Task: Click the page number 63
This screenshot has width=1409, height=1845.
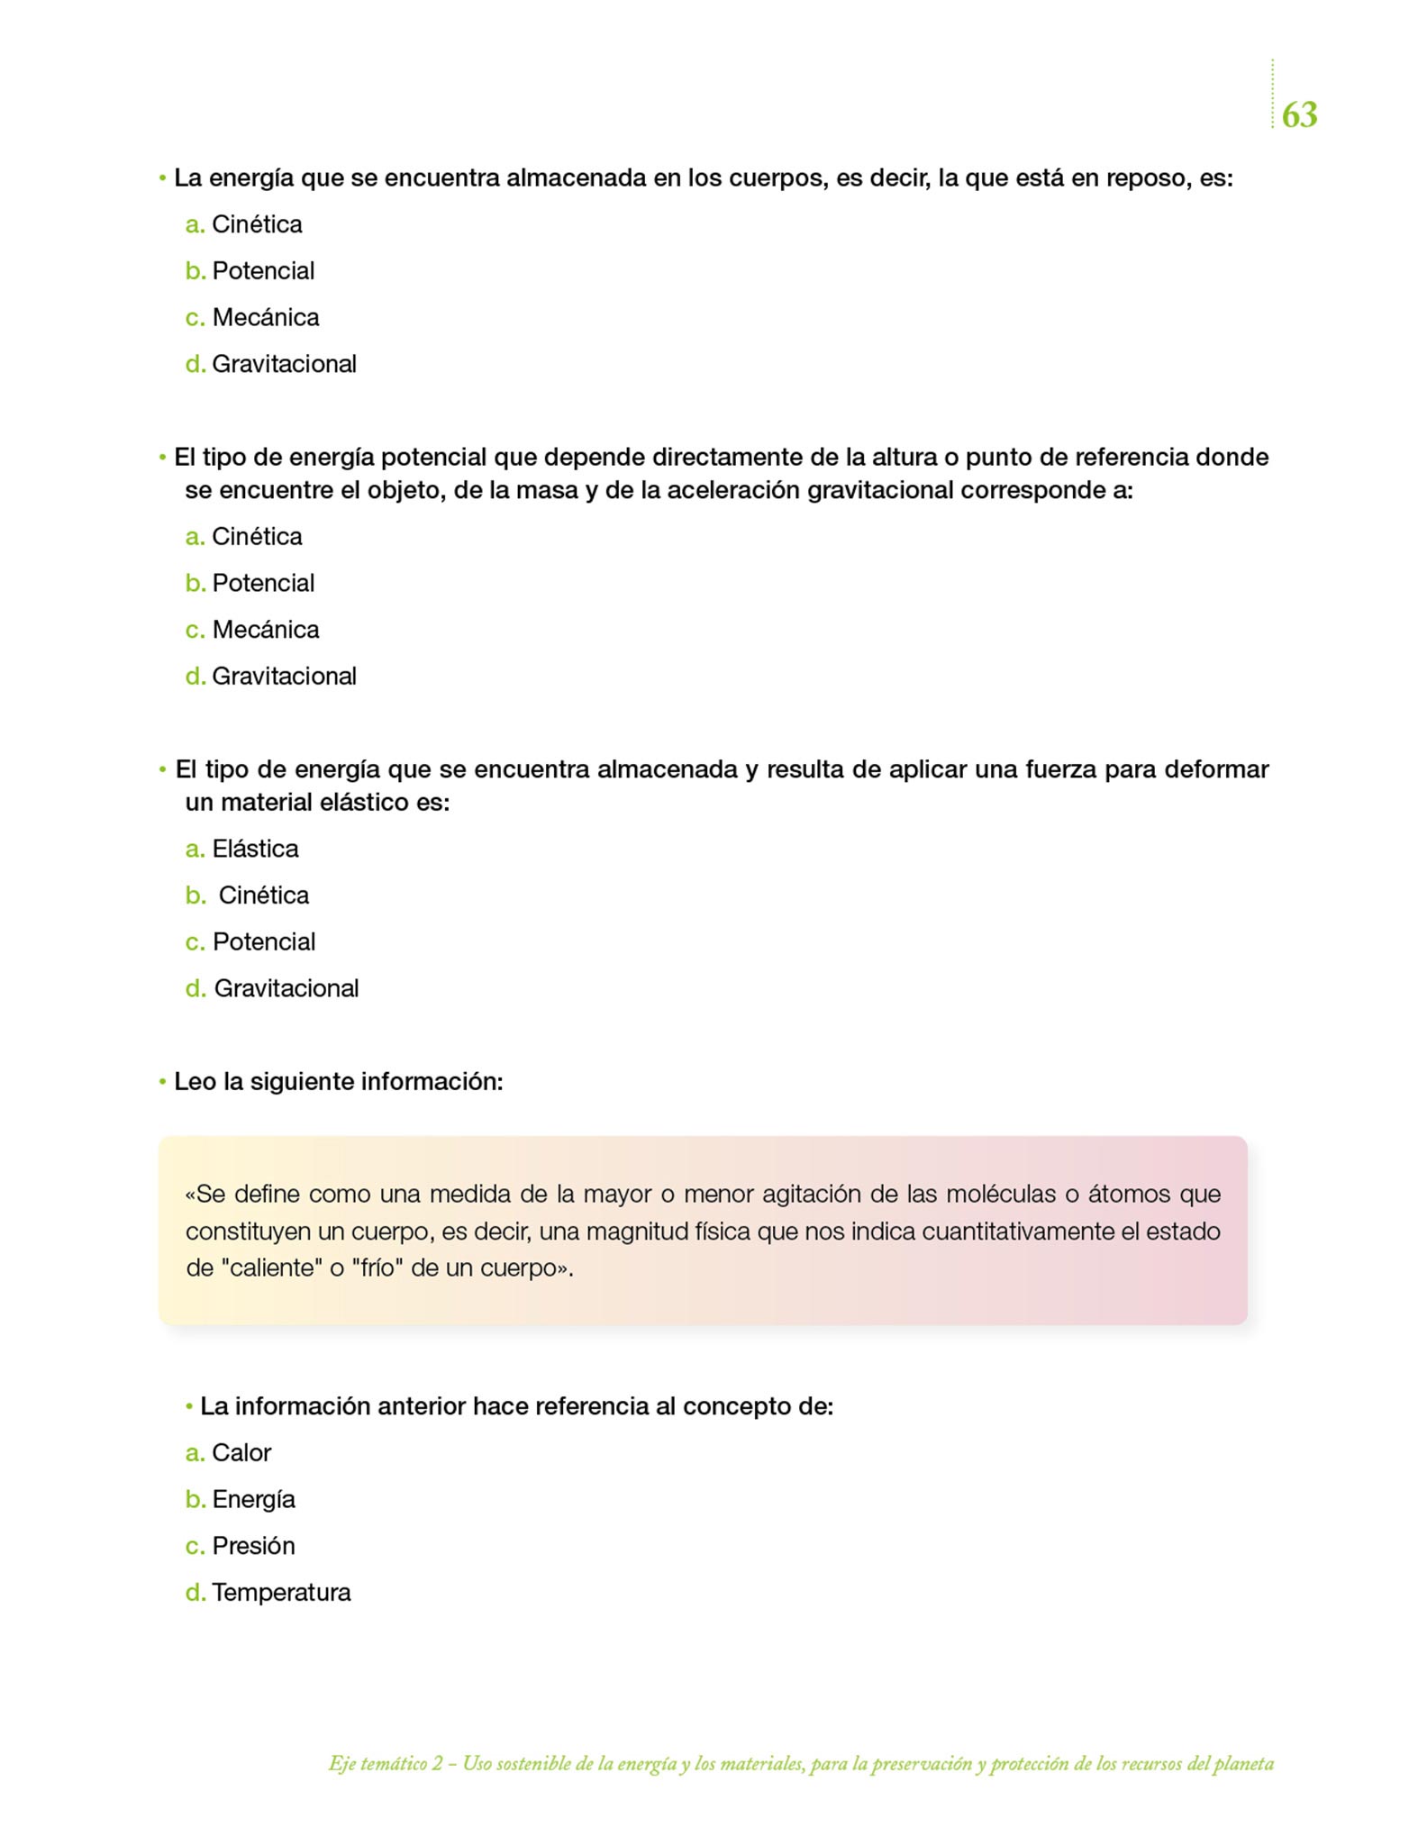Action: (x=1299, y=114)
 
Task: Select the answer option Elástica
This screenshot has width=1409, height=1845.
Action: (x=255, y=849)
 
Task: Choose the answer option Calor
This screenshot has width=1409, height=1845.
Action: (x=241, y=1452)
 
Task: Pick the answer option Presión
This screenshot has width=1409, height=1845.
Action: (x=253, y=1545)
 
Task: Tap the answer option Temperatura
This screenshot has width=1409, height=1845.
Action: (x=281, y=1592)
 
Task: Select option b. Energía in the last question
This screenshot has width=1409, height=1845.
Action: (x=253, y=1499)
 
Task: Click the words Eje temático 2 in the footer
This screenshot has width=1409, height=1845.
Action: (x=386, y=1764)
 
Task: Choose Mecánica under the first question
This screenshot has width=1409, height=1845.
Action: (x=265, y=317)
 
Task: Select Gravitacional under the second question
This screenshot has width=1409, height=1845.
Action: (x=284, y=676)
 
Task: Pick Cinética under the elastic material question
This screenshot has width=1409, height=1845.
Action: (x=263, y=895)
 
